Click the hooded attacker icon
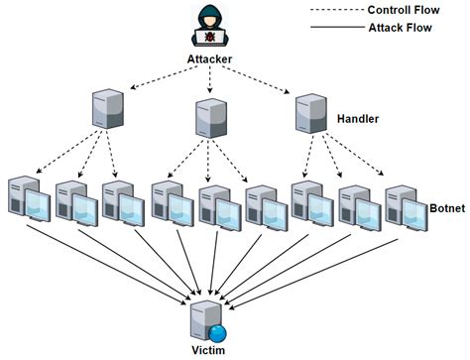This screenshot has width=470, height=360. tap(210, 28)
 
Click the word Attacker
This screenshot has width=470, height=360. tap(210, 60)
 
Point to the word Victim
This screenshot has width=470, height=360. tap(212, 351)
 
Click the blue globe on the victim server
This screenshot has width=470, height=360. tap(219, 331)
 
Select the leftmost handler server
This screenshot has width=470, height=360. tap(106, 110)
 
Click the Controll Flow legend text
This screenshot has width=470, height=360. tap(405, 11)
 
